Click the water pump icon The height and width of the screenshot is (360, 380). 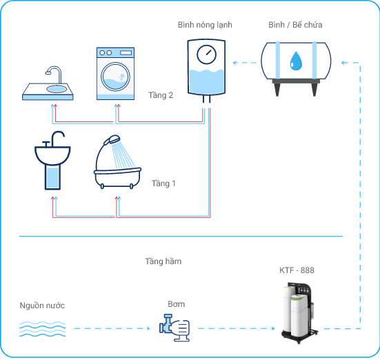(174, 328)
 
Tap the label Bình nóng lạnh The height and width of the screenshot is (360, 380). (205, 25)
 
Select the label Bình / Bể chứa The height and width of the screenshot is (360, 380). (295, 25)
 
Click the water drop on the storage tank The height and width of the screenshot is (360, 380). (296, 61)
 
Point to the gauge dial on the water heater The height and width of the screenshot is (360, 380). (206, 54)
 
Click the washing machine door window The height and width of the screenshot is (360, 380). (115, 77)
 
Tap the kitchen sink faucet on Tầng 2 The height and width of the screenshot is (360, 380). (54, 74)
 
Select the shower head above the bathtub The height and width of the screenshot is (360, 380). (112, 140)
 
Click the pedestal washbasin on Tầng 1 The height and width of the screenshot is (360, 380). (52, 160)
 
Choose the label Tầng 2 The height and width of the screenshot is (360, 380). (161, 95)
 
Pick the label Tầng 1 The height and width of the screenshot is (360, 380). (163, 183)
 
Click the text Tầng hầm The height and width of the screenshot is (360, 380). (163, 261)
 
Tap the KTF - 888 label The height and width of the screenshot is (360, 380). (297, 270)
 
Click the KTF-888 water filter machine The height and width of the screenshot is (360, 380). (299, 312)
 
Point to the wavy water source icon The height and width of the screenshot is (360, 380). (42, 329)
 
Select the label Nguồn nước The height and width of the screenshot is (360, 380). (42, 306)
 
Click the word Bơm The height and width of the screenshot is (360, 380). (176, 304)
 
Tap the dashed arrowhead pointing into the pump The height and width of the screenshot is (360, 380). (148, 328)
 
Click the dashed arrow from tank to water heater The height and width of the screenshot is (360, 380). (245, 63)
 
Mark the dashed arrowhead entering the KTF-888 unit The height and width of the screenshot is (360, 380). (273, 328)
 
